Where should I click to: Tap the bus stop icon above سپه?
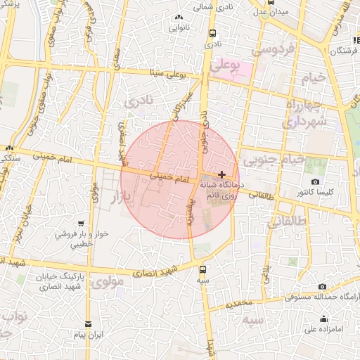202,269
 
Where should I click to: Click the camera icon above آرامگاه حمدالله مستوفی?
322,287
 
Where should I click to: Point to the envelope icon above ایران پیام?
87,324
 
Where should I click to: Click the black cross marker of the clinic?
221,174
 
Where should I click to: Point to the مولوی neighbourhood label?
107,283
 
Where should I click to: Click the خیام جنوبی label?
281,160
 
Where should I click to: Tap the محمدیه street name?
235,304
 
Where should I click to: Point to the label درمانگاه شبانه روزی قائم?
220,188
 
